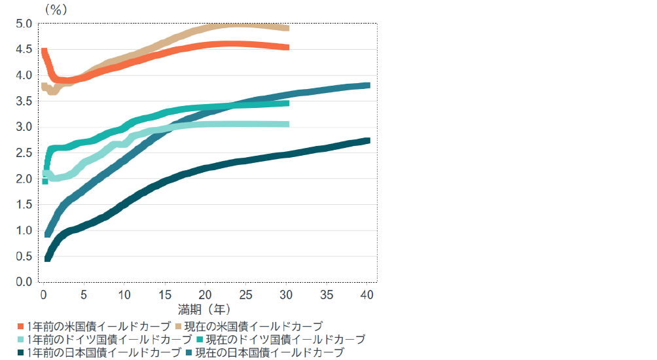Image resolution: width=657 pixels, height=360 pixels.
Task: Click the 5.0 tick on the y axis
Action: point(24,24)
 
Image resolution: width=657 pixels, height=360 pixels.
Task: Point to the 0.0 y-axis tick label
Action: point(24,282)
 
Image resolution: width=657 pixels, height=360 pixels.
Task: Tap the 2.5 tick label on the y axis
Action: point(24,153)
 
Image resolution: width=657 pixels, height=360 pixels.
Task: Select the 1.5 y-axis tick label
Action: point(24,205)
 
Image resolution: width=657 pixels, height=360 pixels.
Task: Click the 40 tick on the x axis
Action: point(367,295)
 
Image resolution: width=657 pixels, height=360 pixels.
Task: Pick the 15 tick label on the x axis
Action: point(165,295)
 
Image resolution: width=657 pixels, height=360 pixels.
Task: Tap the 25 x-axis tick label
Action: point(246,295)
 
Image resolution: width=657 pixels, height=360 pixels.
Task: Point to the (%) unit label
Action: point(56,10)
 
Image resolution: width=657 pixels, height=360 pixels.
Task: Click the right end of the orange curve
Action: point(288,47)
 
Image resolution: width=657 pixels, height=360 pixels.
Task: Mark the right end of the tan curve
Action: point(288,28)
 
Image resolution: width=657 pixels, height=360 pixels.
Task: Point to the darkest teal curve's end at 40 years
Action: point(368,141)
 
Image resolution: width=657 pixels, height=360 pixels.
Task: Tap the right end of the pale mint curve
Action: point(288,124)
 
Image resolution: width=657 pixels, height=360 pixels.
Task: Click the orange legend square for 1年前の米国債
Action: point(21,326)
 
